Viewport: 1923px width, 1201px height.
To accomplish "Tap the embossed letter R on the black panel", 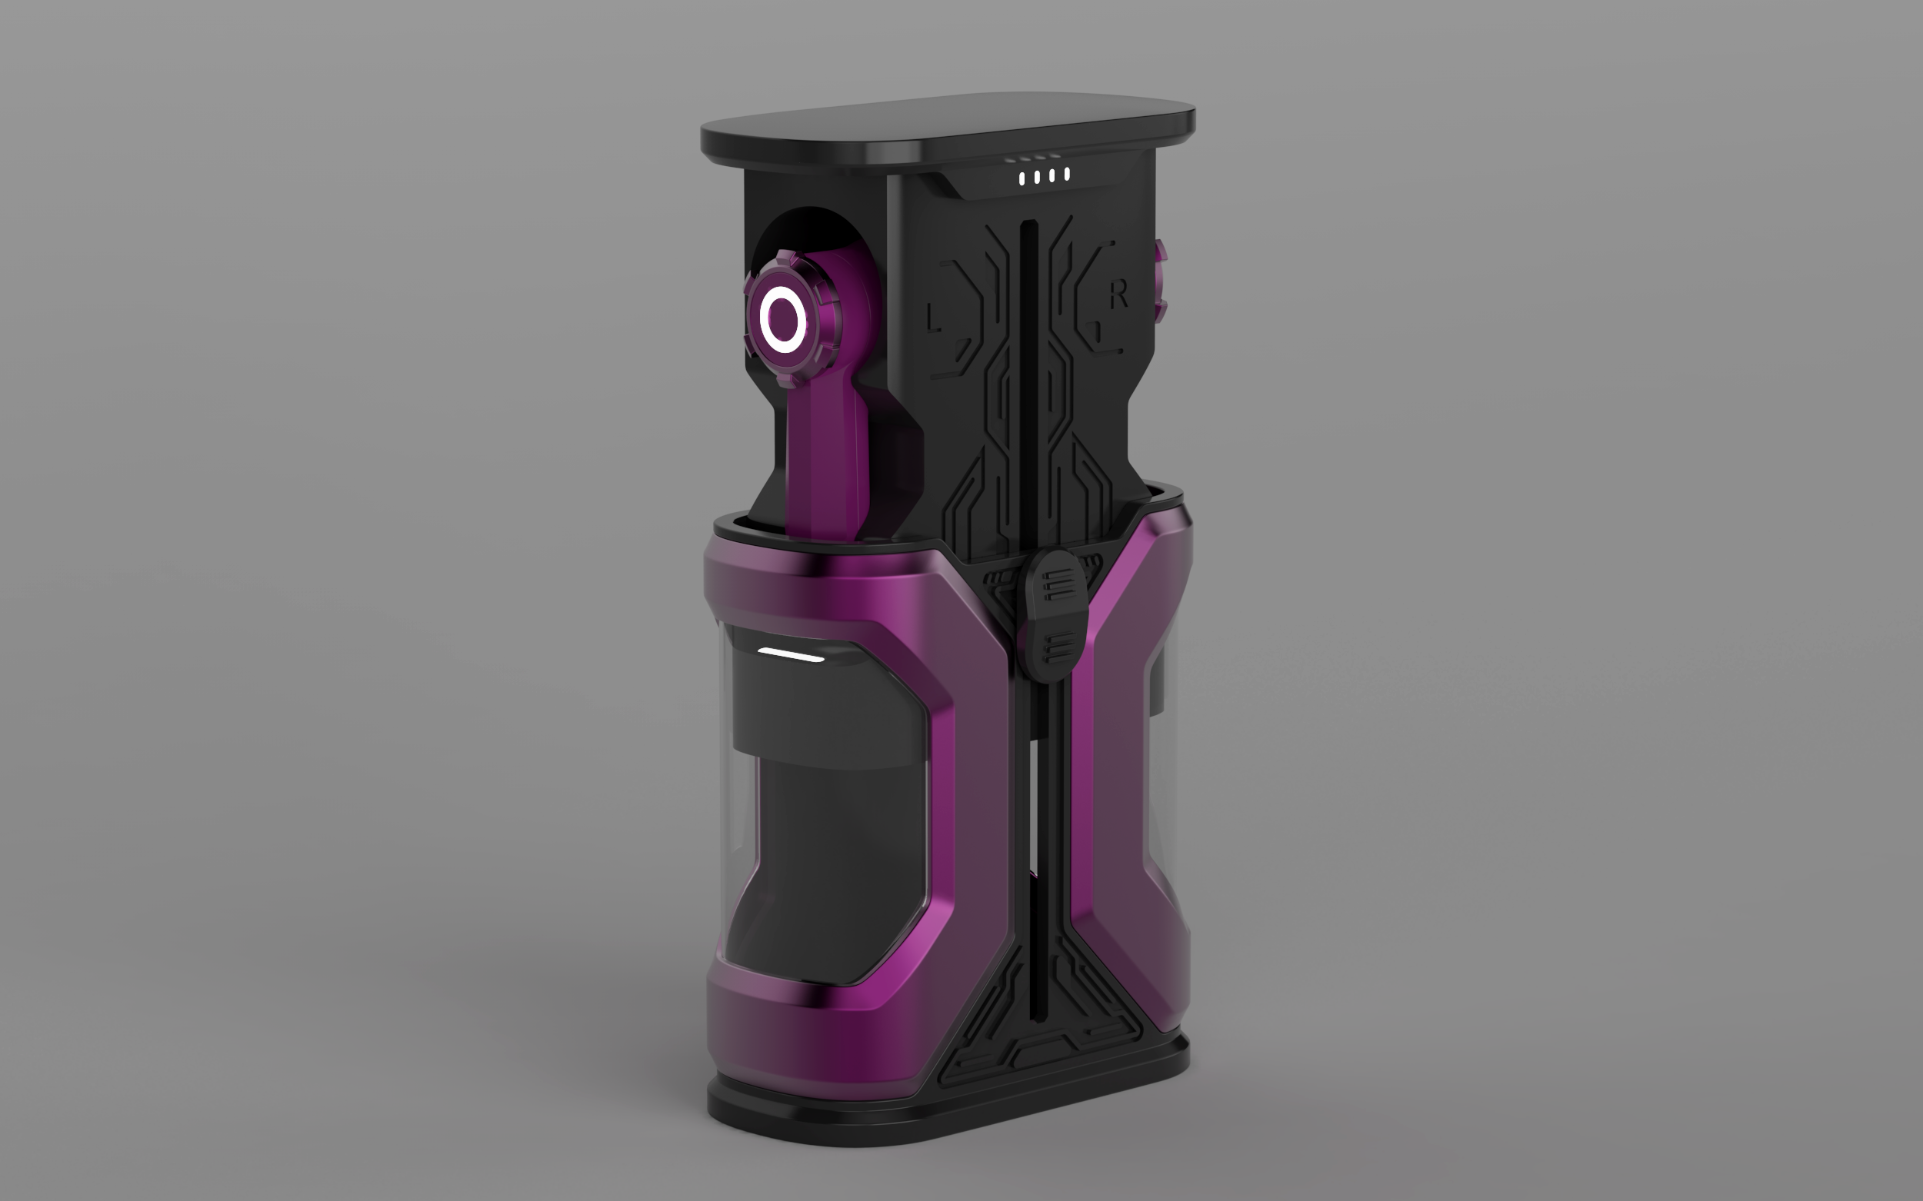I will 1119,294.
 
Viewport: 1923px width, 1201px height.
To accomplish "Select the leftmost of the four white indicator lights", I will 1022,179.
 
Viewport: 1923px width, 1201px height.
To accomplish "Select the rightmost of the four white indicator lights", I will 1067,174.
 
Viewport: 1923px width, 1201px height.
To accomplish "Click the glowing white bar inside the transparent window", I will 791,654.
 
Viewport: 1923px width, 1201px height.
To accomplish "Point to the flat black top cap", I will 945,127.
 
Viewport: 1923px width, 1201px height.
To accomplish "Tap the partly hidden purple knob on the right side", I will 1161,282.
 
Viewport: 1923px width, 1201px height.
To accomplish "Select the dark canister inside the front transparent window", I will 826,858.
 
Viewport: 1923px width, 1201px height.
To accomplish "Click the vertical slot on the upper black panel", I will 1028,358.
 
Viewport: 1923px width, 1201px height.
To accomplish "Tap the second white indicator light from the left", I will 1037,178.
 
